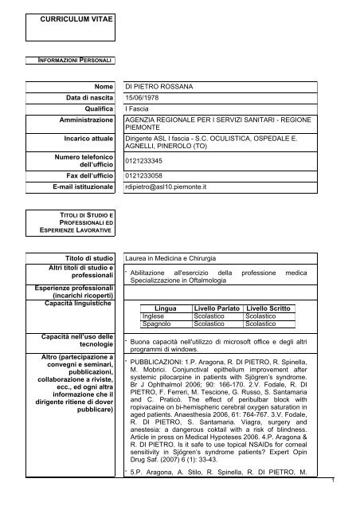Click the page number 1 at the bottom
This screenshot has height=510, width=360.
tap(351, 502)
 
